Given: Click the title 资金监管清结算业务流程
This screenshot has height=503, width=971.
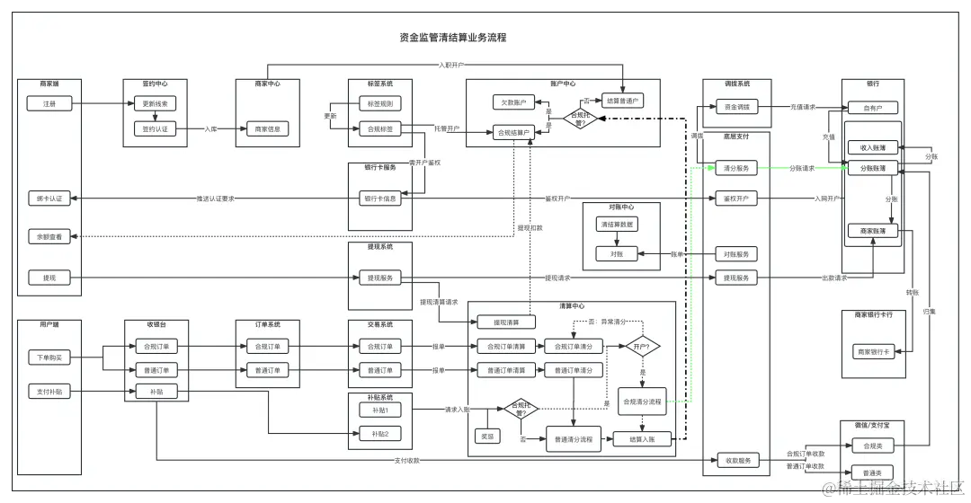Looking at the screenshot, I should [x=452, y=38].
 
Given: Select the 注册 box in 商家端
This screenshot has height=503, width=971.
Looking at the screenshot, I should [x=49, y=104].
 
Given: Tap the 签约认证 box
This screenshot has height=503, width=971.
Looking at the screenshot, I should [x=156, y=129].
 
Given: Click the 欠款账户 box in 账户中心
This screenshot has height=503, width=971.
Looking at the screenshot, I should [x=513, y=102].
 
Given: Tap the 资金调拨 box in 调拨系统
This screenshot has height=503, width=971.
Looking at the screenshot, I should [x=736, y=107].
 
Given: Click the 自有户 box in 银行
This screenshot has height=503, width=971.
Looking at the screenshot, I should [x=872, y=108].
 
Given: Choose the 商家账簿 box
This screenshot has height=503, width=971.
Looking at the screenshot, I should [x=872, y=231].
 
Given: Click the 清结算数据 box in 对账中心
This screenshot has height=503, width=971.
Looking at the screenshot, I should [x=616, y=224].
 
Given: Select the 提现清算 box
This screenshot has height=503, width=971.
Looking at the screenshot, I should [x=502, y=322].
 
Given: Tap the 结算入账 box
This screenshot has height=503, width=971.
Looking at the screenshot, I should [x=642, y=439].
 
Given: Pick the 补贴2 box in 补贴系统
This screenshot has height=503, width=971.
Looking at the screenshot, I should [x=380, y=434].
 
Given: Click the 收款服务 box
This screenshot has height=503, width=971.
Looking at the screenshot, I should [x=736, y=461].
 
